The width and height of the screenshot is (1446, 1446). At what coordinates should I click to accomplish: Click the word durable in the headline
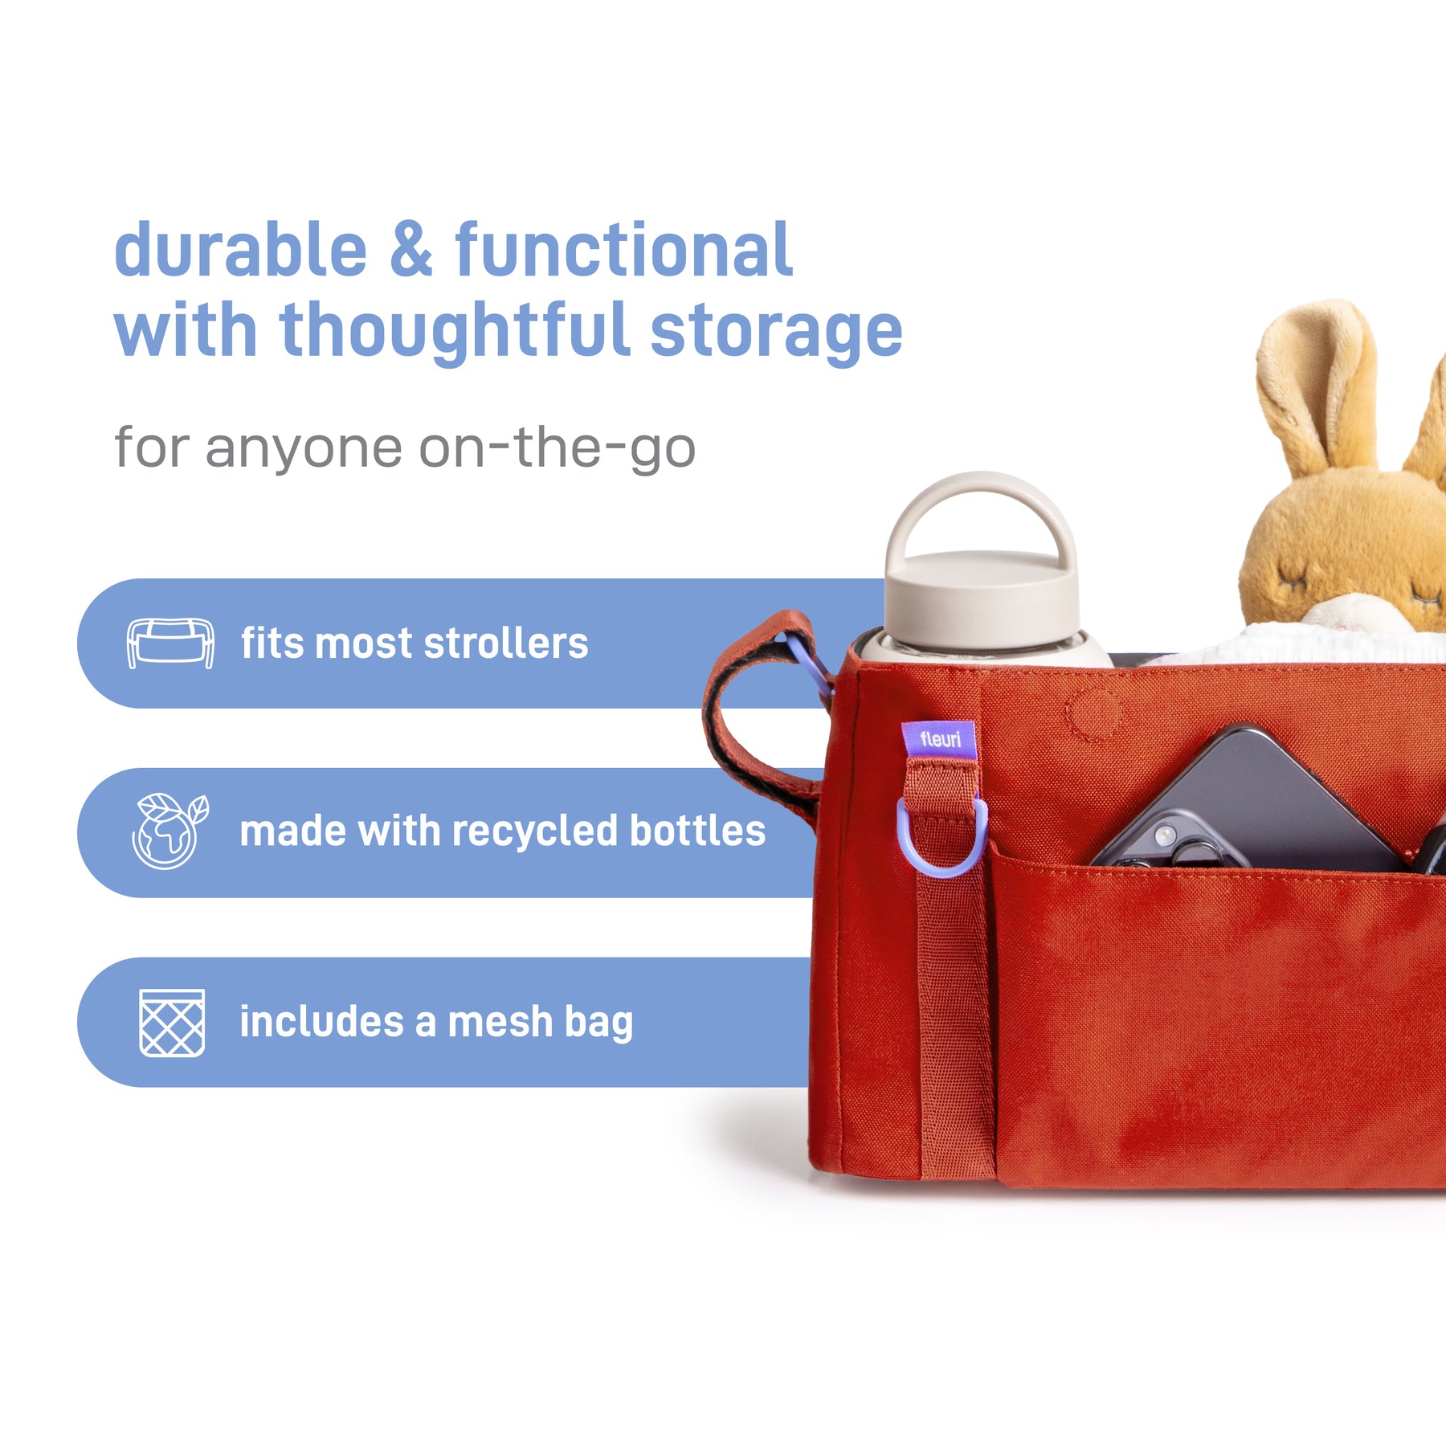pos(241,250)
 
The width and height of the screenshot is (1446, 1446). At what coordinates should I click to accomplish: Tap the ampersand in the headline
pos(411,250)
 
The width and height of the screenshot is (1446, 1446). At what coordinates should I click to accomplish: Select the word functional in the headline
pos(624,250)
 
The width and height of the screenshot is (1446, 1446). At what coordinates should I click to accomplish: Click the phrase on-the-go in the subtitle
pos(557,448)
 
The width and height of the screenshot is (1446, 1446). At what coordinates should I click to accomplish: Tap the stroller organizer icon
pos(170,643)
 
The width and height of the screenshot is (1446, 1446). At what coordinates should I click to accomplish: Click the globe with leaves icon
pos(170,831)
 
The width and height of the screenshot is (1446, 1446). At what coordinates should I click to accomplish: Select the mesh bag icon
pos(172,1023)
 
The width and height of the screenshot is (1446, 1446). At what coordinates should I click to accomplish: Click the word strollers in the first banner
pos(506,643)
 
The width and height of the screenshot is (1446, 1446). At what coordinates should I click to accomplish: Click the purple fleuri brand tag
pos(938,739)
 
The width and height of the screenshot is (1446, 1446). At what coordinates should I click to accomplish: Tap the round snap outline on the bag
pos(1092,712)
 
